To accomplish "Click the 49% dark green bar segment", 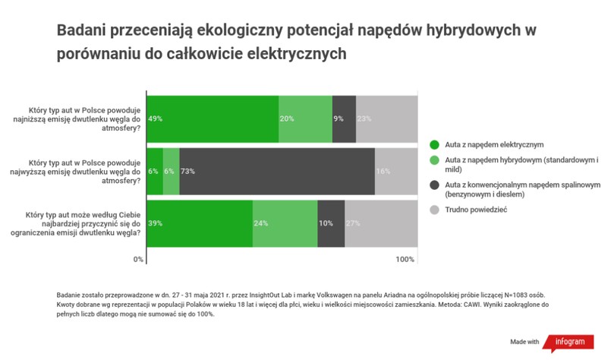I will [x=213, y=118].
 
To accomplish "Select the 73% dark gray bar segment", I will [x=277, y=171].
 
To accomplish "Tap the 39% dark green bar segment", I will [x=200, y=223].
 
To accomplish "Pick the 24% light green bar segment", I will [x=285, y=223].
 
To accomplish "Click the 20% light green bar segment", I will [x=306, y=118].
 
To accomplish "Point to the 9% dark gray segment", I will [x=344, y=118].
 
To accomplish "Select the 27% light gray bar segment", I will [x=381, y=223].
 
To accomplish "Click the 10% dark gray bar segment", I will [x=331, y=223].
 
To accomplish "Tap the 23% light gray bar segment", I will [x=386, y=118].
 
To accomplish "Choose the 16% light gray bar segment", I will [x=396, y=171].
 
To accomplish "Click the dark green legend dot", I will [x=434, y=144].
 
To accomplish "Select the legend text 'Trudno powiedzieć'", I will [x=475, y=209].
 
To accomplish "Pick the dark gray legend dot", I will [x=434, y=185].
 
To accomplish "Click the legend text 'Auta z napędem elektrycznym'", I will [x=494, y=144].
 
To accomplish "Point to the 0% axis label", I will [x=139, y=260].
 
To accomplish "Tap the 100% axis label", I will [x=405, y=260].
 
